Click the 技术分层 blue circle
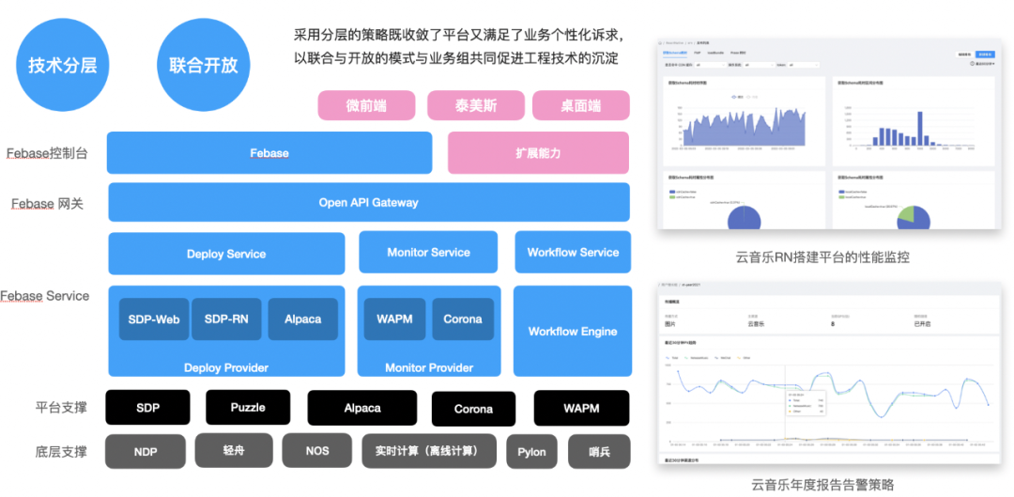62,65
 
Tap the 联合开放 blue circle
204,65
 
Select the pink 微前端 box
366,105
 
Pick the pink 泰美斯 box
475,105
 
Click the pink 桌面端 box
580,105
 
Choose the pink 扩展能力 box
538,153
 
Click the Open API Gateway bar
368,202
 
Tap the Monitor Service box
428,252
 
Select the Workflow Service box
573,252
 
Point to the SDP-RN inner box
226,319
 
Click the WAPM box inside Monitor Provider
394,319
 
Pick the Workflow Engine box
573,331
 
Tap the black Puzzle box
248,408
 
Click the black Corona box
473,409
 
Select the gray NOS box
317,451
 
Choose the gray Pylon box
531,452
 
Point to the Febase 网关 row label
47,203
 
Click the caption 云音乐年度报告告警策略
822,485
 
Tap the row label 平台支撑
60,408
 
